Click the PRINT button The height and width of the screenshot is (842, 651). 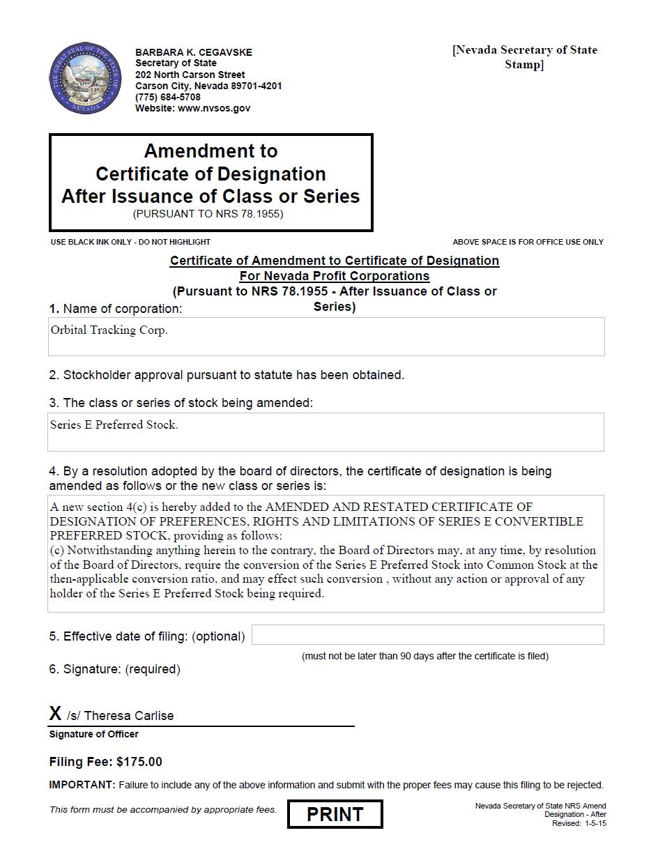(335, 814)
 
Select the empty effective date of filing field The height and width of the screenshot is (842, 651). (427, 635)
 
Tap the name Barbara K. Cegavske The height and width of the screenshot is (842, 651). (194, 52)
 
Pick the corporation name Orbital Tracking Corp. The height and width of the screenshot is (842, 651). (109, 330)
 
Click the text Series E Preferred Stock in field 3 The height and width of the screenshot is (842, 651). (114, 424)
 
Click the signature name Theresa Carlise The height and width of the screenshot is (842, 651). (129, 716)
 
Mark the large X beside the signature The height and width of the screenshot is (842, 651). (56, 713)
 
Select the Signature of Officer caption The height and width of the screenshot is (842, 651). (93, 734)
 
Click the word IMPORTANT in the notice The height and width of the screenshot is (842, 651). (82, 785)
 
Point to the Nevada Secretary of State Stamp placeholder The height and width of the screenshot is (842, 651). (524, 57)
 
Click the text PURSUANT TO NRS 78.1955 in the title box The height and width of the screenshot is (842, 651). (208, 214)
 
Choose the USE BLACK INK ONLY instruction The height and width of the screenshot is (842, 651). (130, 242)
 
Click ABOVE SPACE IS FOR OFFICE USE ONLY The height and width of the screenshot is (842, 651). (528, 242)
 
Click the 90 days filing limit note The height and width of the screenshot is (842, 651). (424, 656)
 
